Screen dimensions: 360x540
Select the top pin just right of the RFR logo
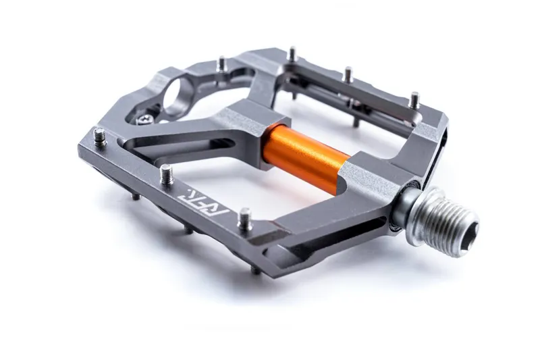[245, 217]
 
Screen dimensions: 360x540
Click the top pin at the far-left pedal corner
[100, 137]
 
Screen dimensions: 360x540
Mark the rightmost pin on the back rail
[414, 100]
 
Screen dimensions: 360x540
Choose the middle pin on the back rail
[348, 74]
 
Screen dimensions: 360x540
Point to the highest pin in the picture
[292, 53]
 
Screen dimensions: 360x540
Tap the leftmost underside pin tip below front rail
[137, 197]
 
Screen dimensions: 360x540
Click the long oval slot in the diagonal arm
[182, 145]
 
